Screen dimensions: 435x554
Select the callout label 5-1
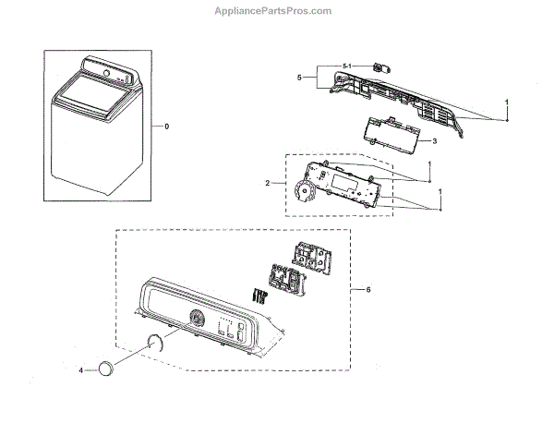pos(346,64)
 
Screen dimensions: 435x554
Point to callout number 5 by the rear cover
pos(299,79)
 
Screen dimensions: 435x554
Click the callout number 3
pos(434,140)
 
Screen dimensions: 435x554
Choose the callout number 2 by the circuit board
pos(267,184)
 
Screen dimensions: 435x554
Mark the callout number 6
pos(368,290)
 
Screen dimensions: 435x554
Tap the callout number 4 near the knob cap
pos(81,369)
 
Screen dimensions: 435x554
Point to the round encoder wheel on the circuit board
pos(302,194)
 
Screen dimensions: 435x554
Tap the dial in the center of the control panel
pos(196,318)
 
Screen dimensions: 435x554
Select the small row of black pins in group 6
pos(260,294)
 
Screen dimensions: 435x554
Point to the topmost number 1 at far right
pos(507,100)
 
